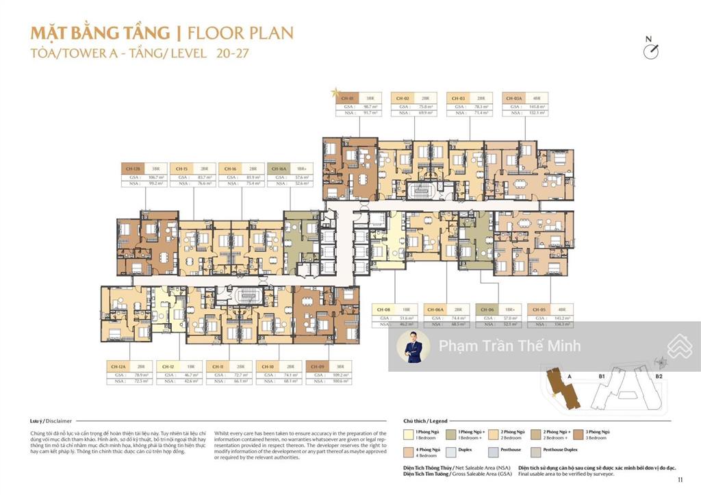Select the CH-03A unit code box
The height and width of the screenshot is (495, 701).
[x=513, y=98]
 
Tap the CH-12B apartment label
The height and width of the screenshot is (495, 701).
[x=133, y=168]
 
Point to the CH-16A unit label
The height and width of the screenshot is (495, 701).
[x=279, y=168]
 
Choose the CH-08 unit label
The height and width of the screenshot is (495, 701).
[x=383, y=309]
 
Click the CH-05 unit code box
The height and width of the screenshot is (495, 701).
[x=539, y=309]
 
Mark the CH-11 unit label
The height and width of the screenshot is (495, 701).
[x=218, y=366]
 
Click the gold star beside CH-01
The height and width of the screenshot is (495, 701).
[x=335, y=92]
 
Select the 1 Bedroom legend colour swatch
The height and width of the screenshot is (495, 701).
[x=407, y=434]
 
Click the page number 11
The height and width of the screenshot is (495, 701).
[x=680, y=479]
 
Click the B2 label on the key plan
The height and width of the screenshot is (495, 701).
[x=659, y=376]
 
